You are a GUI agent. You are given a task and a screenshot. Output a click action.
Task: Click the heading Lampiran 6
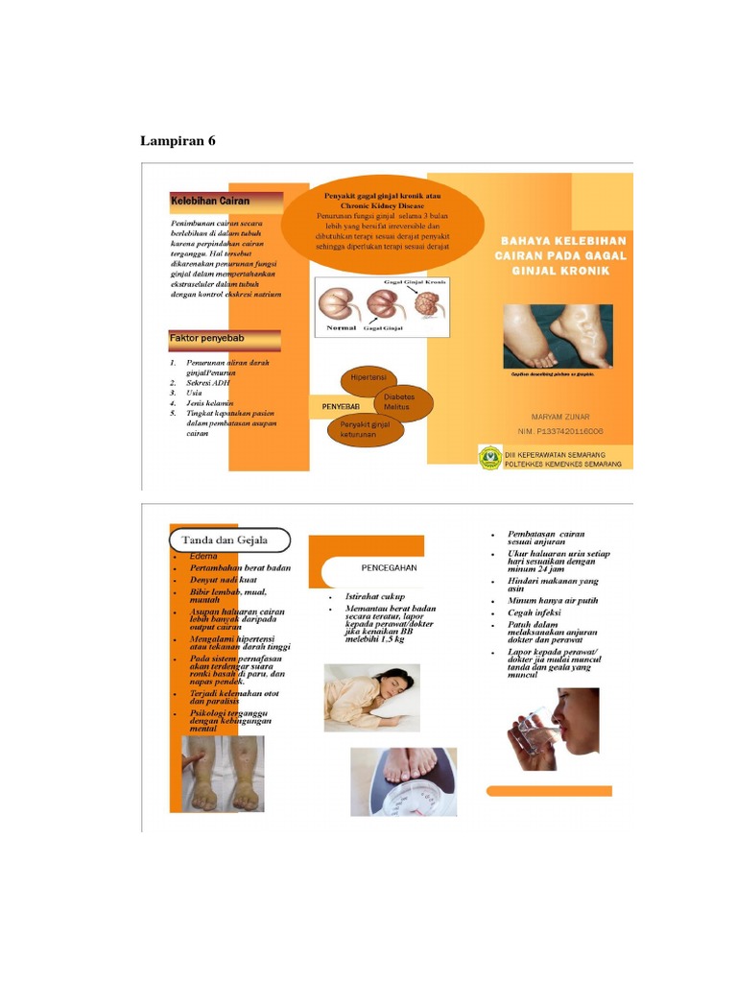point(178,141)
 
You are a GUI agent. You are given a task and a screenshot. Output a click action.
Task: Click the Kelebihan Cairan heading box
point(226,202)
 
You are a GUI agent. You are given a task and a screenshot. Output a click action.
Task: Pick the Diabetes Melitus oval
point(399,402)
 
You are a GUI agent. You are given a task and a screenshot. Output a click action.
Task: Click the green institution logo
point(489,457)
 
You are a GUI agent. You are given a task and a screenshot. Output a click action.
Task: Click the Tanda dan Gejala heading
point(230,540)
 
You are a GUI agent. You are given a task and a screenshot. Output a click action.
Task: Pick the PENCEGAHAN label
point(389,568)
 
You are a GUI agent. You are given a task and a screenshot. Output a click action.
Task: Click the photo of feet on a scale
point(403,780)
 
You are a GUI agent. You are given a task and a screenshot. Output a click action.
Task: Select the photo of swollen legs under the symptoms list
point(224,774)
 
